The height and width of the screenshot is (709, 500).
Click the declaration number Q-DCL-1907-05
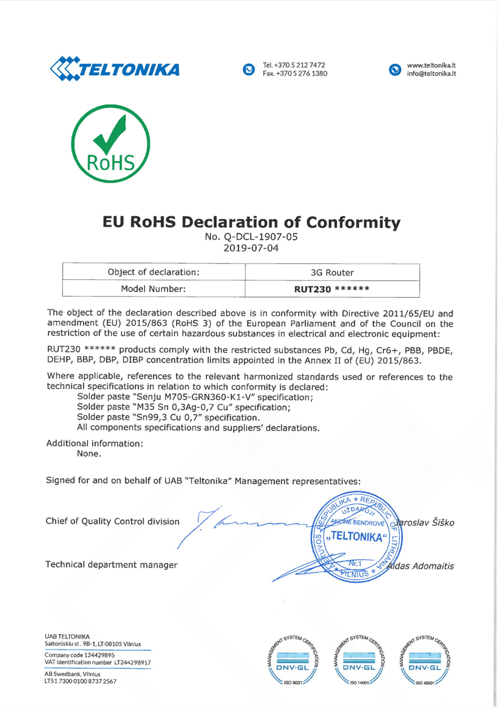pos(256,236)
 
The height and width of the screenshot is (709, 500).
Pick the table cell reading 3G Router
pos(332,272)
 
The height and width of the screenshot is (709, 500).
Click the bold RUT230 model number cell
pos(332,289)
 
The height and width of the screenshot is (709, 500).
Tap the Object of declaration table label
pos(153,272)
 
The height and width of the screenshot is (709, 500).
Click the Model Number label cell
pos(153,289)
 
